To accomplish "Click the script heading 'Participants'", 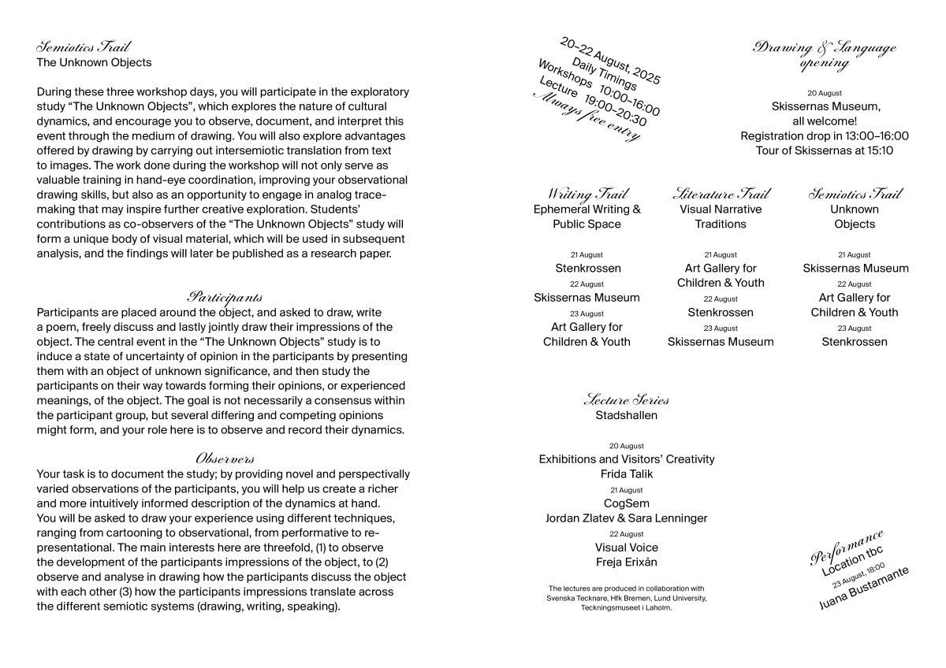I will pyautogui.click(x=225, y=298).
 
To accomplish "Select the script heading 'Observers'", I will pyautogui.click(x=225, y=458).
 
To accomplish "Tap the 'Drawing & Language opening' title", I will pyautogui.click(x=824, y=55).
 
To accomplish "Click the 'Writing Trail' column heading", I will pyautogui.click(x=587, y=194).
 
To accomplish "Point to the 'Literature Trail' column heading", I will pyautogui.click(x=721, y=194).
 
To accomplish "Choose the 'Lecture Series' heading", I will pyautogui.click(x=626, y=400).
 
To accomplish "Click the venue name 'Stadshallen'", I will pyautogui.click(x=626, y=415).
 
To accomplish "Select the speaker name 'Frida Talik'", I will pyautogui.click(x=626, y=474).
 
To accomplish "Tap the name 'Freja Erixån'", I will pyautogui.click(x=626, y=562).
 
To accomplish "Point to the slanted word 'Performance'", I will pyautogui.click(x=847, y=547).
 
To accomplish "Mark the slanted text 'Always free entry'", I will pyautogui.click(x=587, y=117).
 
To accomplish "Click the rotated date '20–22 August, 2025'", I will pyautogui.click(x=610, y=60).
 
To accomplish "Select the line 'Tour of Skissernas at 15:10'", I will pyautogui.click(x=824, y=150).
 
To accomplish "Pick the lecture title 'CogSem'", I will pyautogui.click(x=626, y=503).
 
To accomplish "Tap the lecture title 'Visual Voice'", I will pyautogui.click(x=626, y=547).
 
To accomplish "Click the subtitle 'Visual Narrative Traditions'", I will pyautogui.click(x=721, y=217).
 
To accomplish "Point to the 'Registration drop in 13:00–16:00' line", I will pyautogui.click(x=824, y=135).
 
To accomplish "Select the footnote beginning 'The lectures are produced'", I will pyautogui.click(x=626, y=598).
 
